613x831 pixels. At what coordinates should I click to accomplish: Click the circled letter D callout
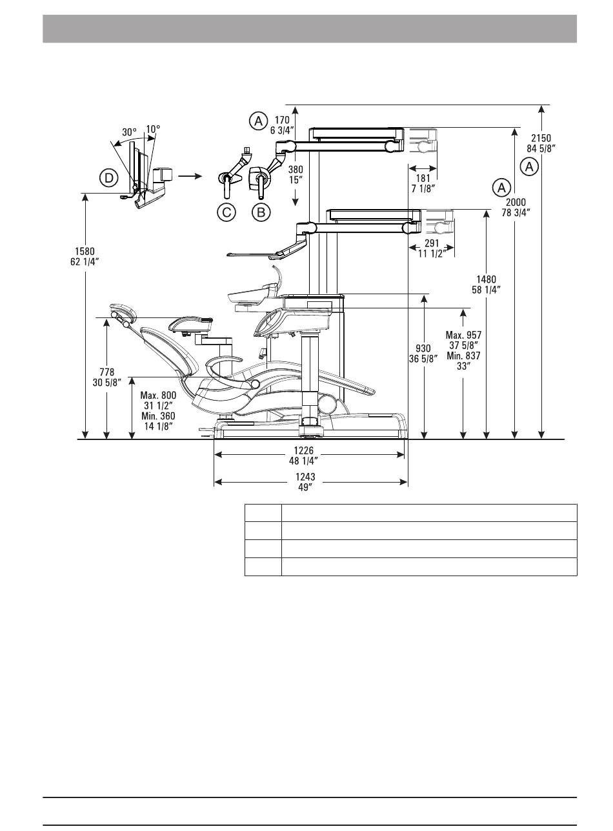coord(108,179)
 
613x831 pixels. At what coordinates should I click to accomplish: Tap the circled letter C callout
coord(226,212)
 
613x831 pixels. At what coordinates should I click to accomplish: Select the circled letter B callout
coord(261,212)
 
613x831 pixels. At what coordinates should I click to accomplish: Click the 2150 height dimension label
coord(541,138)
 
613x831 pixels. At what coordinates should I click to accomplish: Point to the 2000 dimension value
coord(516,202)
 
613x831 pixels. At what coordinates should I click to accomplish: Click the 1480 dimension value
coord(486,279)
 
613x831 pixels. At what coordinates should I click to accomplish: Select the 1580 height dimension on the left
coord(85,252)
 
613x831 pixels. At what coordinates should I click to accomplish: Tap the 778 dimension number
coord(107,372)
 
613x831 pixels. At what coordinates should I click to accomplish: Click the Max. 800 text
coord(158,395)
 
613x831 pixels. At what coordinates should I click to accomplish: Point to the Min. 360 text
coord(158,416)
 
